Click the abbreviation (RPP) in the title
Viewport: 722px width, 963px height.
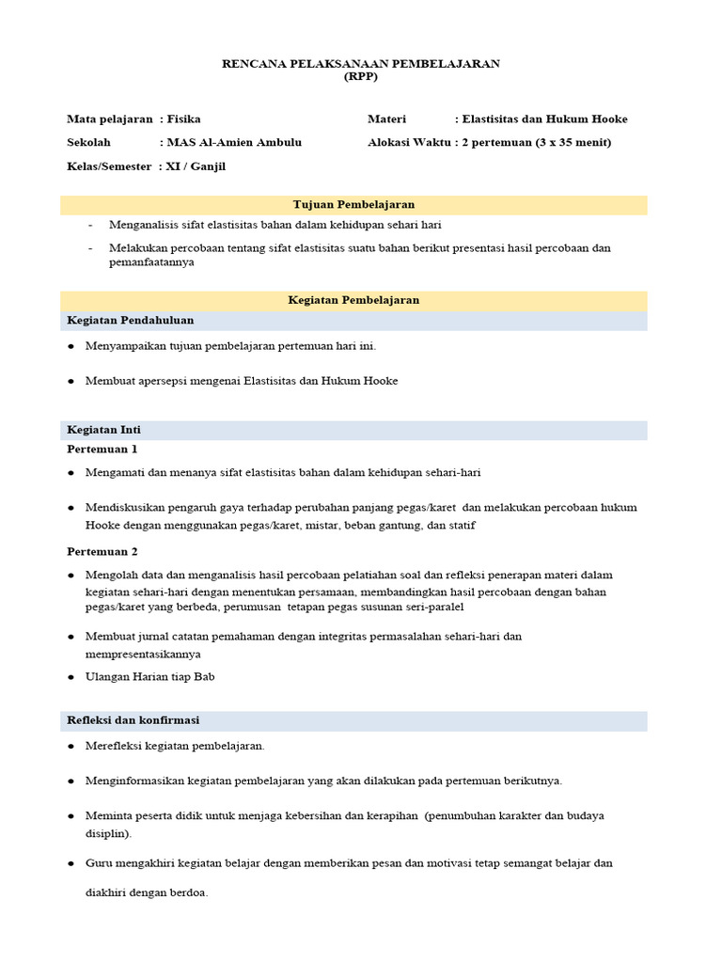click(x=361, y=77)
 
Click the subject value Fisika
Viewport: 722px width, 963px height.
click(x=183, y=119)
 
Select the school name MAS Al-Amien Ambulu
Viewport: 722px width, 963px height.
click(x=234, y=143)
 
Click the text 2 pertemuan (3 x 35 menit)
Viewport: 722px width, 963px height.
click(x=536, y=143)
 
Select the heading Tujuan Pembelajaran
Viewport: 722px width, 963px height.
click(x=353, y=204)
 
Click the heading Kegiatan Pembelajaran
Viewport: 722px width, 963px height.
click(x=353, y=300)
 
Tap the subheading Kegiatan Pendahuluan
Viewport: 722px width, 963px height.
click(x=130, y=321)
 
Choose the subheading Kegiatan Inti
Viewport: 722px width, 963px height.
click(x=103, y=430)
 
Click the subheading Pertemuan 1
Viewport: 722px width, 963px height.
click(x=102, y=450)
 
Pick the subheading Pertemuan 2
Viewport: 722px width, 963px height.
click(x=102, y=552)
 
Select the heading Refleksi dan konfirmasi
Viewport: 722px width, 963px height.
click(x=133, y=720)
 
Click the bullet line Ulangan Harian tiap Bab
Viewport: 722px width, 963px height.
click(x=150, y=677)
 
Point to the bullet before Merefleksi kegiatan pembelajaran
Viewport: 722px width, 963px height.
click(x=71, y=747)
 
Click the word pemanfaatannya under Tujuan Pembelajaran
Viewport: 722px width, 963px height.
click(x=151, y=263)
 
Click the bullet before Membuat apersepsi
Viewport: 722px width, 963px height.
click(x=71, y=382)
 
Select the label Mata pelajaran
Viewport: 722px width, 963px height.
click(x=109, y=119)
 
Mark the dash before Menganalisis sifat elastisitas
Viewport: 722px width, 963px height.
click(x=90, y=226)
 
